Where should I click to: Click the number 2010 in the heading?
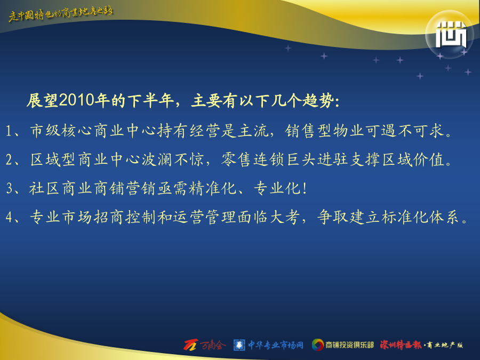click(76, 100)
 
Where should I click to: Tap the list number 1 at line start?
click(9, 131)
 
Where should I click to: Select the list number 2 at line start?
click(9, 160)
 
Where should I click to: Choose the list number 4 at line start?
click(9, 217)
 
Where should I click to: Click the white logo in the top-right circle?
click(451, 35)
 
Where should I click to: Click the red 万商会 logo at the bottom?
click(204, 345)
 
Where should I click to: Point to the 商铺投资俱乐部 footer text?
click(349, 345)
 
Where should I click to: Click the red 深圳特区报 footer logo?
click(401, 345)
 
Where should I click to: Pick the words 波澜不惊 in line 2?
click(173, 159)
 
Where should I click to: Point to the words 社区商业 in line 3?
click(61, 188)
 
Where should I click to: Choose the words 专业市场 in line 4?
click(61, 217)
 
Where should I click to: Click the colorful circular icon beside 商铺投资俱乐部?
click(318, 345)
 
